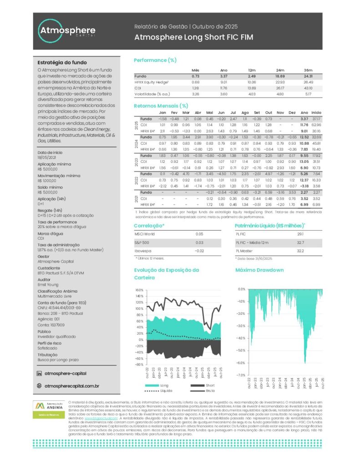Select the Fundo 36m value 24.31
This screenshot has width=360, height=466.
coord(308,76)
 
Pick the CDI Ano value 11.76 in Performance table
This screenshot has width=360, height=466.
coord(223,88)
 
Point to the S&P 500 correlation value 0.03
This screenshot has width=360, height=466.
coord(199,243)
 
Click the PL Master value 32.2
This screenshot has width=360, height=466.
coord(300,251)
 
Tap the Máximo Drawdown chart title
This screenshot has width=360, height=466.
coord(259,270)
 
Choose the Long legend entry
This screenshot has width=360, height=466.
coord(164,385)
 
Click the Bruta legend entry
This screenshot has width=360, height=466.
coord(210,391)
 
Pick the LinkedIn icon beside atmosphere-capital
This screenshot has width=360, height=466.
coord(39,374)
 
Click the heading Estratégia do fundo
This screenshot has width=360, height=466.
coord(62,62)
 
